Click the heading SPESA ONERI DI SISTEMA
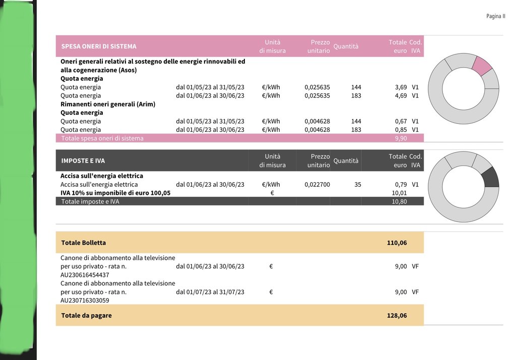coord(99,46)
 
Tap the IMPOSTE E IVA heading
coord(83,161)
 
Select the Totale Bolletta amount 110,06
coord(397,243)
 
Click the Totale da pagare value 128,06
coord(397,316)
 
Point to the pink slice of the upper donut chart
coord(482,66)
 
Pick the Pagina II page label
coord(495,17)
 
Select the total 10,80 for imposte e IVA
coord(399,202)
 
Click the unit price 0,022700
coord(317,185)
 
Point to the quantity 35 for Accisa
coord(358,185)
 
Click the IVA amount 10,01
coord(399,193)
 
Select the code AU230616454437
coord(85,275)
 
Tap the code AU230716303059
coord(85,301)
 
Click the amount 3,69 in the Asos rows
coord(401,87)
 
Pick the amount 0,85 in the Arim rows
coord(401,130)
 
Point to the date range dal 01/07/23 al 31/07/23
coord(210,292)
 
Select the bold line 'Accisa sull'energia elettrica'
coord(102,176)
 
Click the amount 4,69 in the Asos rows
coord(401,96)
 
